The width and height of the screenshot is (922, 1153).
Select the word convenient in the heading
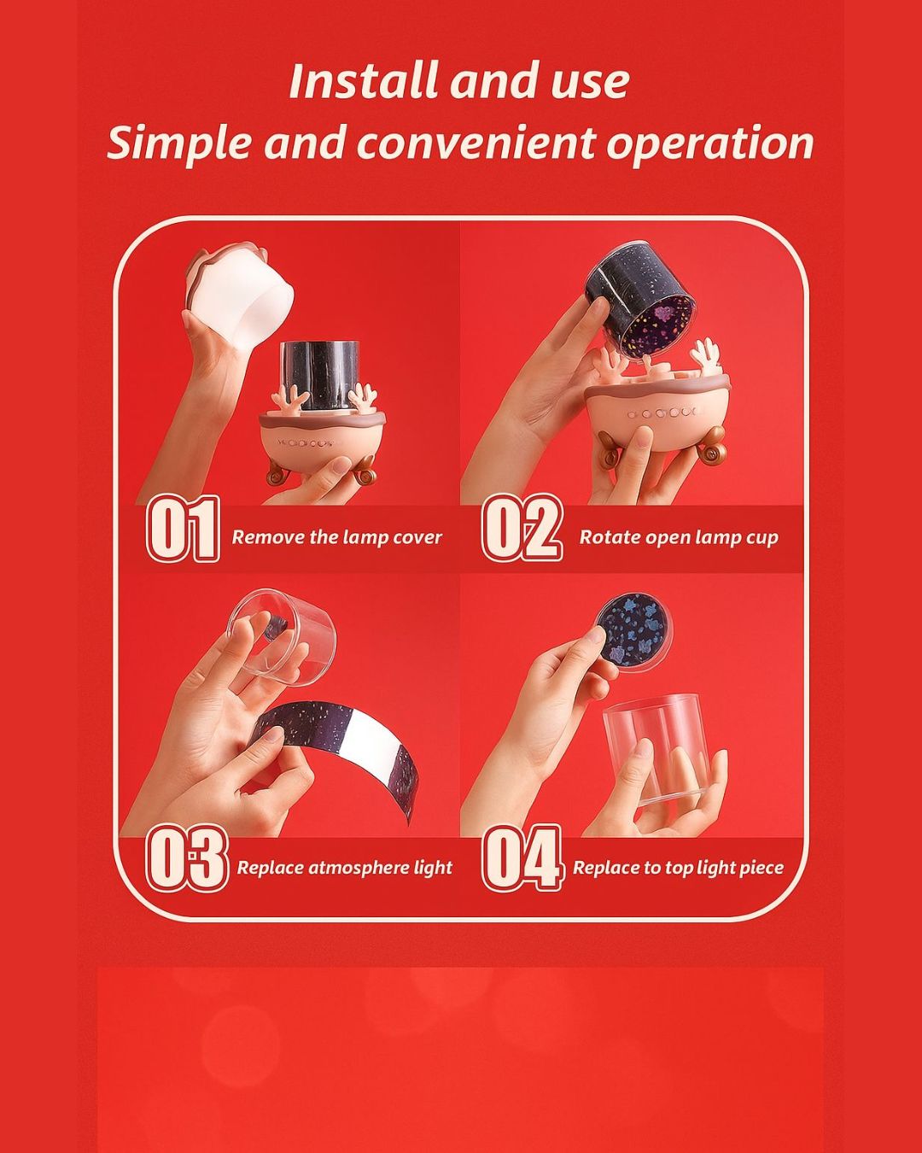coord(476,142)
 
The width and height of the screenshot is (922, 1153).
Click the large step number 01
coord(182,529)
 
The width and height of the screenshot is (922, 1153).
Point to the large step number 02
coord(522,528)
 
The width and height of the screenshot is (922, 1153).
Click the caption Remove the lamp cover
coord(337,537)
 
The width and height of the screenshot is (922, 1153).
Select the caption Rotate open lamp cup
coord(678,537)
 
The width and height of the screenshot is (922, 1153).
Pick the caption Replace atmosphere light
coord(345,868)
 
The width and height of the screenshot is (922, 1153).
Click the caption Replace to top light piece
coord(678,868)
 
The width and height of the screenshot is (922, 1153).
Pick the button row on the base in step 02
coord(662,412)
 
